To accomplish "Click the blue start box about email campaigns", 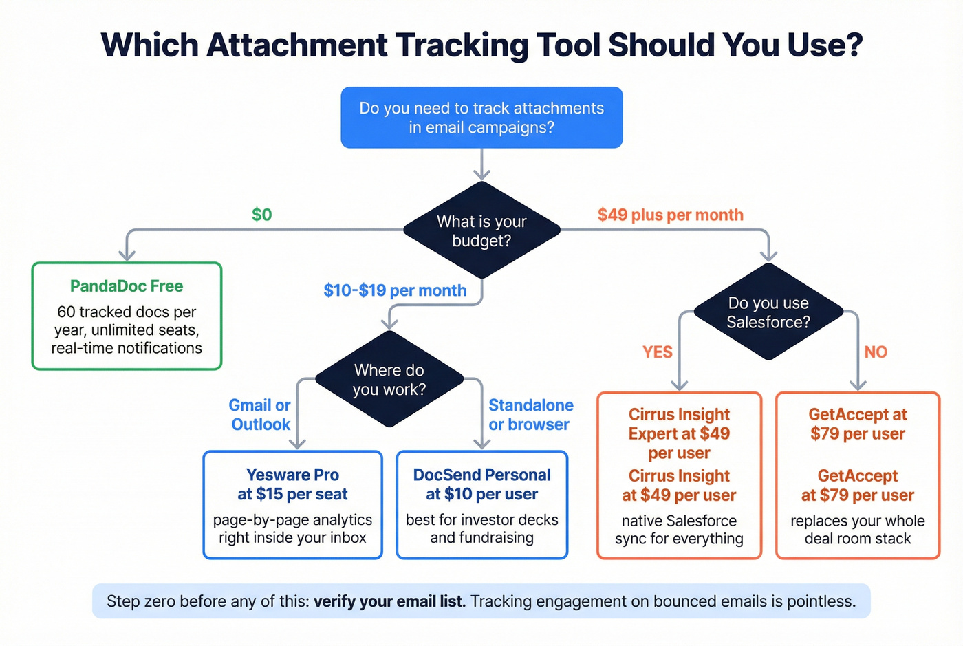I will pyautogui.click(x=481, y=118).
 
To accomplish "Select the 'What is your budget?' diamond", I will pyautogui.click(x=481, y=231).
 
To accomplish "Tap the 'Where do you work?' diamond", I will pyautogui.click(x=389, y=380).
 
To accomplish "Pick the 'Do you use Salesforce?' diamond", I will pyautogui.click(x=768, y=312).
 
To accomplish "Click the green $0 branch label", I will pyautogui.click(x=262, y=215).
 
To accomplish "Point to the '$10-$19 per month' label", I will pyautogui.click(x=395, y=290).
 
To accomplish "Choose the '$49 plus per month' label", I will pyautogui.click(x=670, y=215).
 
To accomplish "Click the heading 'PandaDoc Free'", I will pyautogui.click(x=127, y=286).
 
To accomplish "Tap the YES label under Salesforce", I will pyautogui.click(x=657, y=352).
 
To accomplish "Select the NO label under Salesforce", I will pyautogui.click(x=876, y=352).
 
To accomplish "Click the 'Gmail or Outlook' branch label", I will pyautogui.click(x=260, y=415).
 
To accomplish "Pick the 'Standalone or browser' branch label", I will pyautogui.click(x=530, y=415).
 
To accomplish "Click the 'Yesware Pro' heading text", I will pyautogui.click(x=292, y=475).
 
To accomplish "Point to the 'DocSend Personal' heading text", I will pyautogui.click(x=481, y=475).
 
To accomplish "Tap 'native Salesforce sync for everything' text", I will pyautogui.click(x=679, y=530).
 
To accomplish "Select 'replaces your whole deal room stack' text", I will pyautogui.click(x=857, y=530).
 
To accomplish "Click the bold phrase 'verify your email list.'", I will pyautogui.click(x=389, y=601).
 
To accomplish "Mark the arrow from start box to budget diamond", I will pyautogui.click(x=481, y=164).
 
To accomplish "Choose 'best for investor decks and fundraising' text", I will pyautogui.click(x=481, y=528).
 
